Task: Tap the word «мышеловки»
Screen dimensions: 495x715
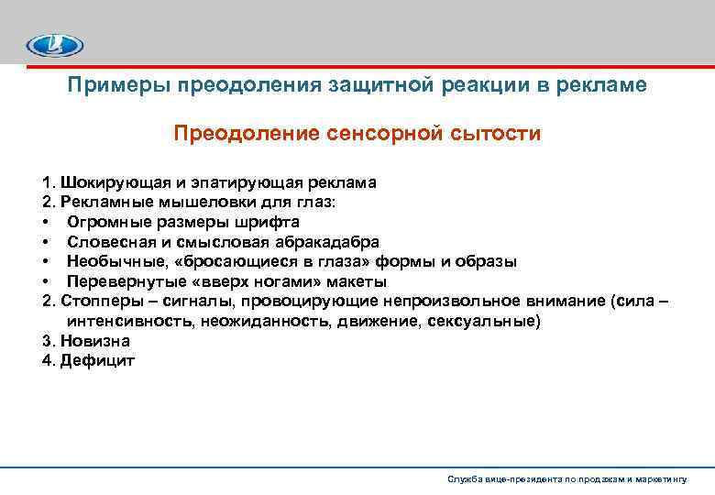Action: [x=200, y=203]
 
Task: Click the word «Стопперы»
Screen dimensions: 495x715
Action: [x=100, y=302]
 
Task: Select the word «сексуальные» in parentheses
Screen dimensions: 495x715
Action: [x=493, y=322]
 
